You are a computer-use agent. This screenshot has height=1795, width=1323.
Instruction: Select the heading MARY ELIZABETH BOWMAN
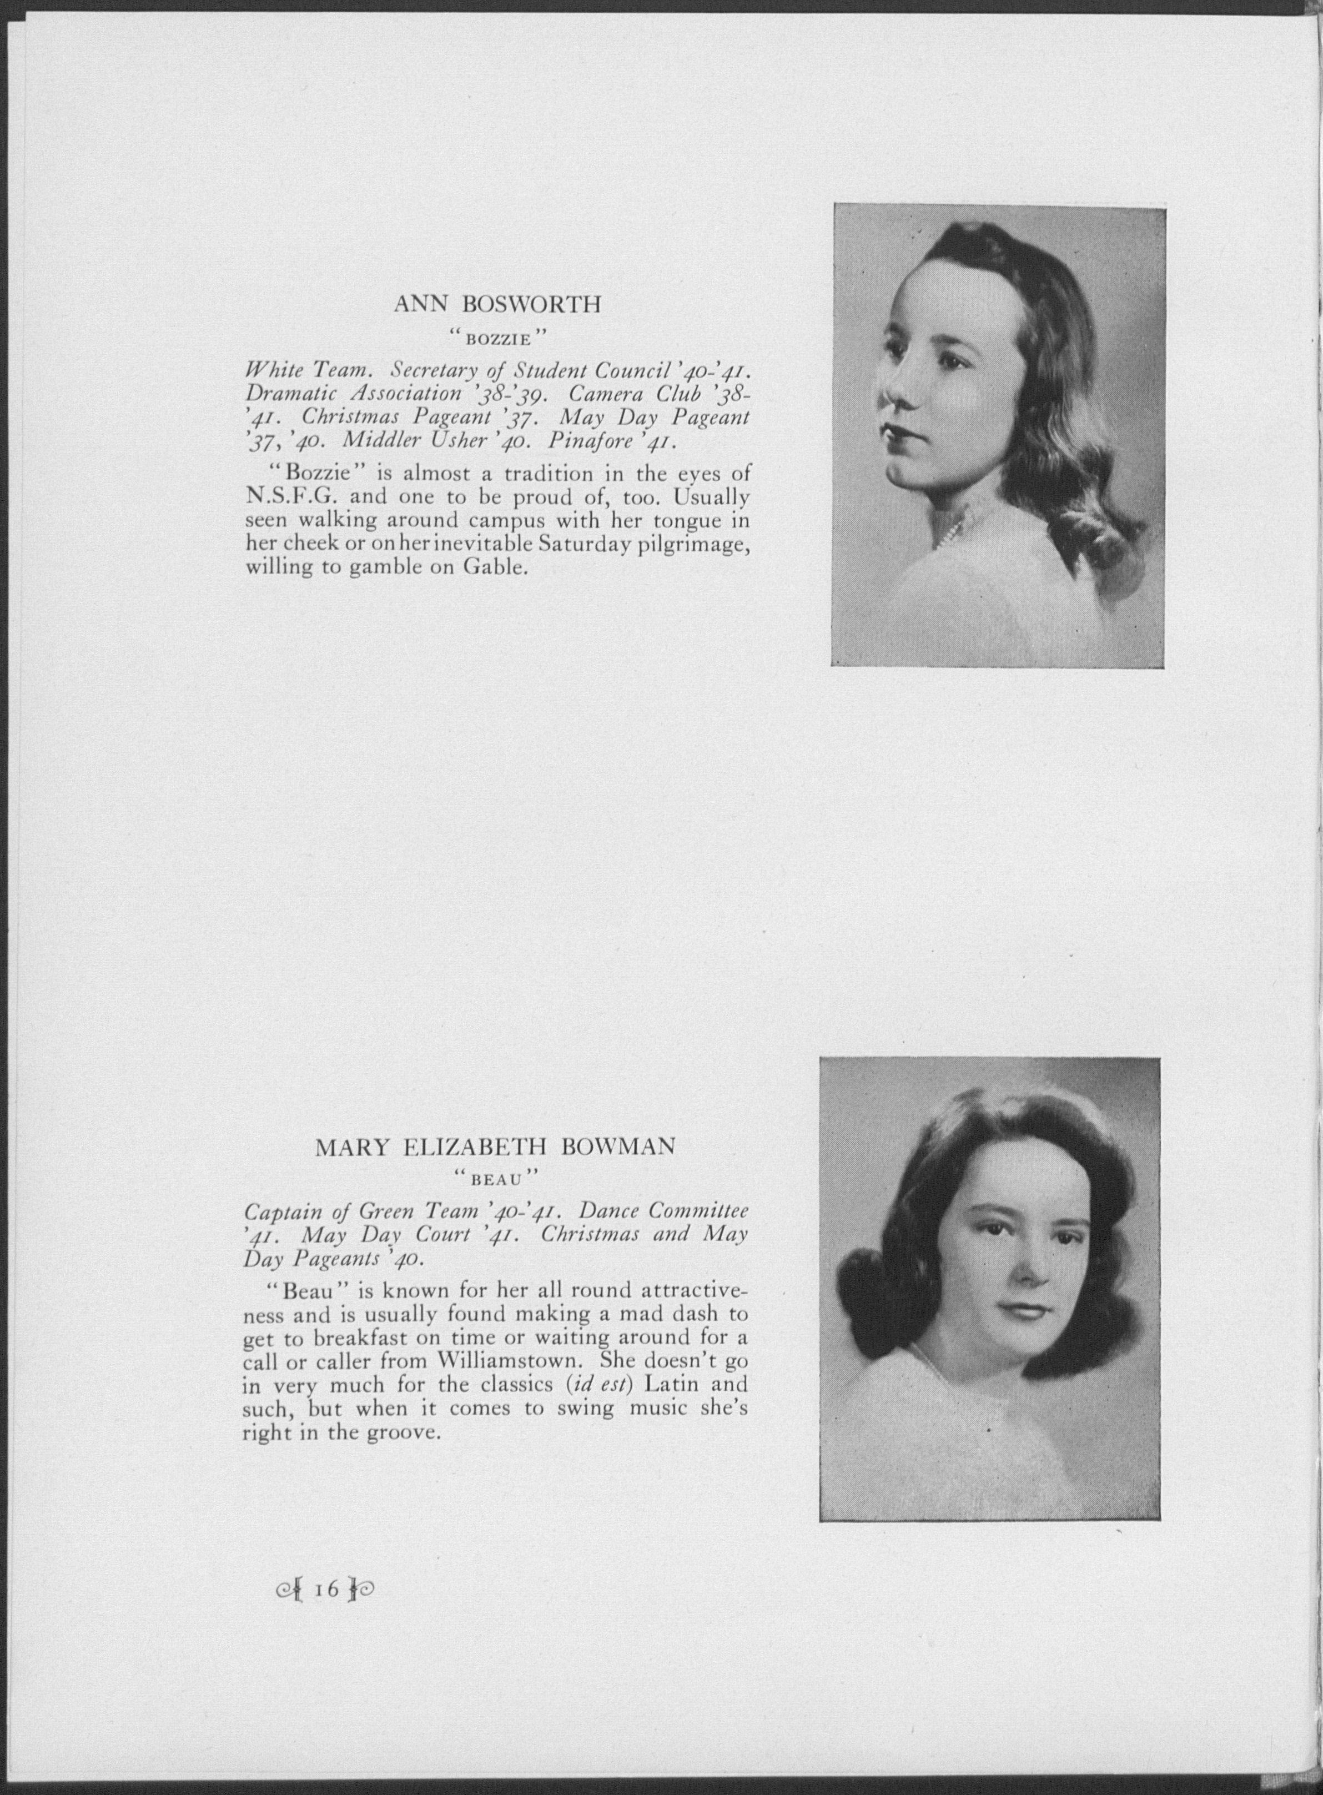tap(495, 1147)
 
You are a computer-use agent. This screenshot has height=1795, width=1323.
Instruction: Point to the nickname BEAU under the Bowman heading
tap(496, 1179)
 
